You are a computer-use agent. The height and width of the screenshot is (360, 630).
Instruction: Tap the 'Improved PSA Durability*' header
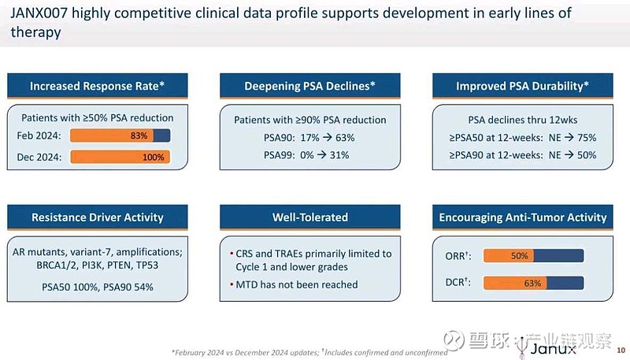coord(523,86)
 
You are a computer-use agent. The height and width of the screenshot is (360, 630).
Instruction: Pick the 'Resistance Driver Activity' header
coord(98,217)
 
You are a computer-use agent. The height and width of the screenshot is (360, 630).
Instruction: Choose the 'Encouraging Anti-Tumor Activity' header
coord(523,217)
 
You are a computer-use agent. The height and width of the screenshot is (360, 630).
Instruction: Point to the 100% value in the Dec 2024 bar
coord(154,157)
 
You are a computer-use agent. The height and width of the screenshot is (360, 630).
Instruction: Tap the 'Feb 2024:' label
coord(39,135)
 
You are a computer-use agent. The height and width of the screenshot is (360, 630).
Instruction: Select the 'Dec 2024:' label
coord(39,157)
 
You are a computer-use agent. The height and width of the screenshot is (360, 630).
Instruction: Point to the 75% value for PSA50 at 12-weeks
coord(585,136)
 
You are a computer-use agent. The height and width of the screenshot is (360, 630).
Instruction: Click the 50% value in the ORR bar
coord(519,256)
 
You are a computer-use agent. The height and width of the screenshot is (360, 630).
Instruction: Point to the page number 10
coord(620,349)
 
